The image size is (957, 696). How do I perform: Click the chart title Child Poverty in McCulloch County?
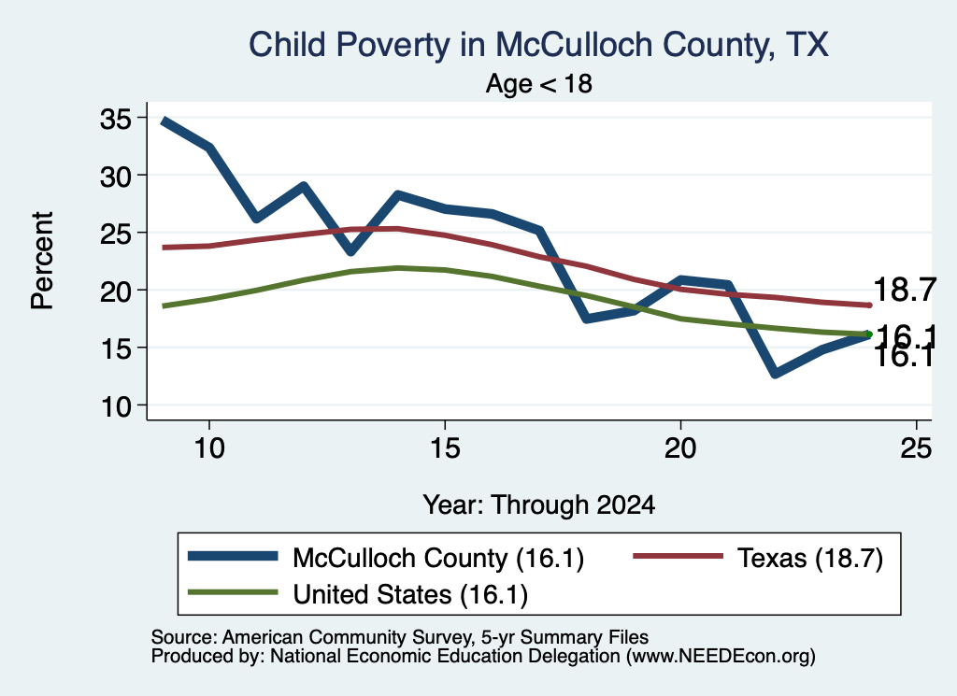[x=512, y=45]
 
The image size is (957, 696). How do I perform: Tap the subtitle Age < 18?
[x=539, y=83]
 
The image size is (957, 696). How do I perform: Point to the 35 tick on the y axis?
[x=116, y=118]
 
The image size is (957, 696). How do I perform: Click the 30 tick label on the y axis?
[x=116, y=176]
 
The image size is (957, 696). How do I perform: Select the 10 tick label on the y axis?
[x=116, y=406]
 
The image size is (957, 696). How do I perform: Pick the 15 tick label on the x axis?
[x=445, y=448]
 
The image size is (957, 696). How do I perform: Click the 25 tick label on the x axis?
[x=916, y=448]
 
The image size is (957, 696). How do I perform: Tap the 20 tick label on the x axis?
[x=680, y=448]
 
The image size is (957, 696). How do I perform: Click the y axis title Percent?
[x=43, y=261]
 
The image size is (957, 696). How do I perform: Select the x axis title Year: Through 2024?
[x=539, y=505]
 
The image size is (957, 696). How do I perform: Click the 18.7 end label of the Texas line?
[x=905, y=289]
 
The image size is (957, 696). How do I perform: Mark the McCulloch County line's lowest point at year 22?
[x=775, y=374]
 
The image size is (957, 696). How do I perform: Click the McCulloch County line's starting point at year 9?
[x=164, y=121]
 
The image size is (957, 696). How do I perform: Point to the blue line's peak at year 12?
[x=304, y=185]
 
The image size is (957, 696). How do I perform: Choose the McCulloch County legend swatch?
[x=233, y=556]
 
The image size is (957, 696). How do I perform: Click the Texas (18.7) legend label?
[x=810, y=558]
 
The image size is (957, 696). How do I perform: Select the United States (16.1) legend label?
[x=410, y=595]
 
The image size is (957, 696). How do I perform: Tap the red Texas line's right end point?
[x=869, y=305]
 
